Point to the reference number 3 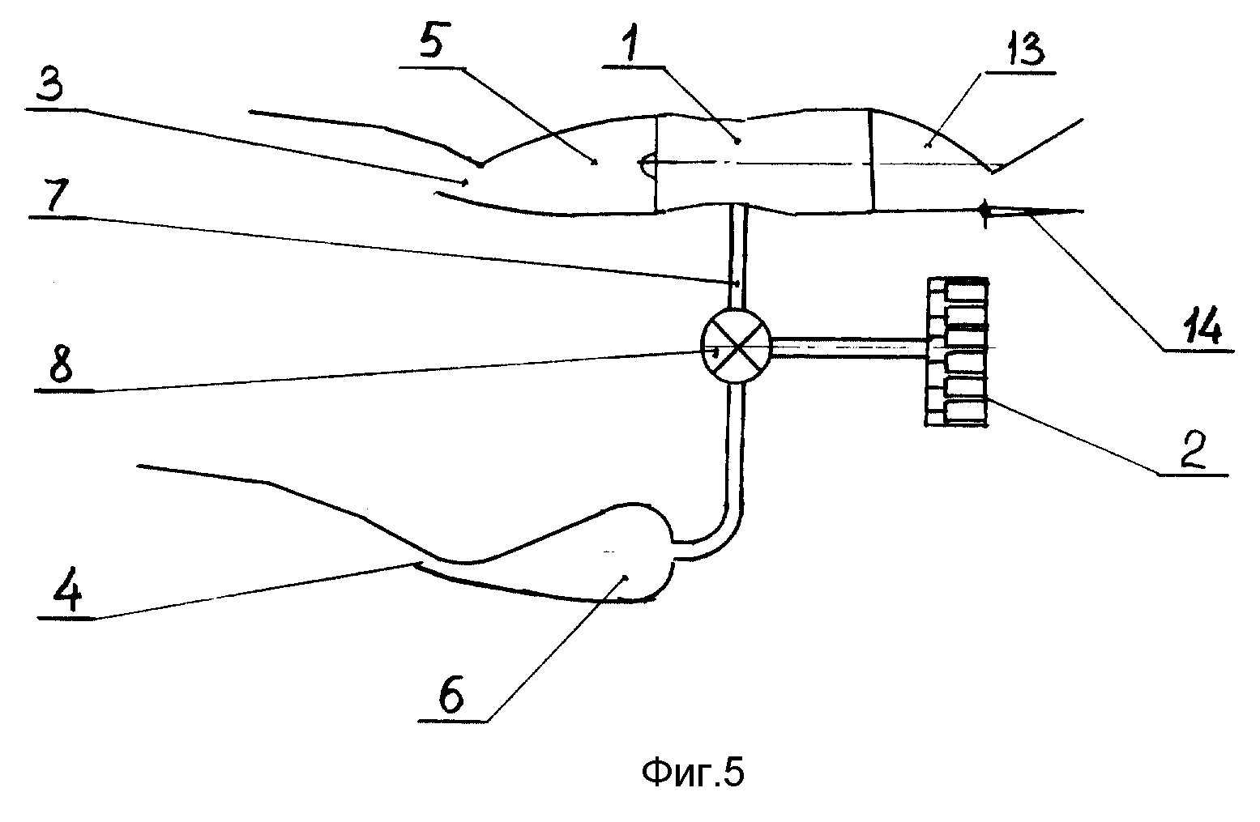(x=51, y=83)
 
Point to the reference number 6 (x=451, y=695)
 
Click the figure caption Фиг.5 (x=693, y=773)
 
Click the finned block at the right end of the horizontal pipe (x=957, y=351)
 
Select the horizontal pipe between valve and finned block (x=849, y=348)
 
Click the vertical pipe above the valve (x=737, y=257)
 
